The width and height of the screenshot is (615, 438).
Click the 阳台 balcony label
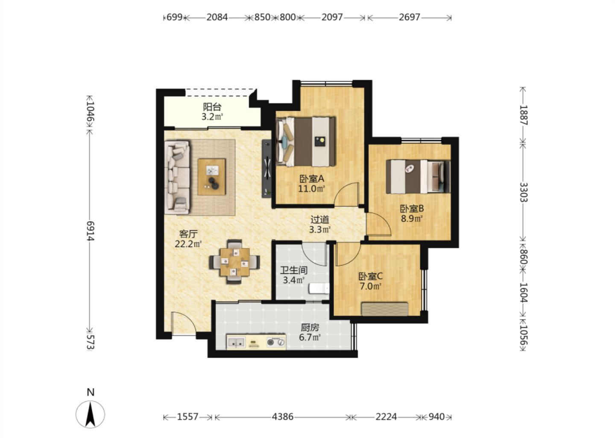212,107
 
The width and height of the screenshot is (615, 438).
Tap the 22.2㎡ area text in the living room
188,244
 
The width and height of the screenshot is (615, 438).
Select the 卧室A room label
312,179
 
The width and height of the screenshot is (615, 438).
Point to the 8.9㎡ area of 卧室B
411,219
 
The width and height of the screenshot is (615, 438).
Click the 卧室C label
371,276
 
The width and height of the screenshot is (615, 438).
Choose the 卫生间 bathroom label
293,270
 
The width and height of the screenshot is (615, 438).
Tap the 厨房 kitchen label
310,328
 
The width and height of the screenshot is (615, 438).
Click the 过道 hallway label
320,219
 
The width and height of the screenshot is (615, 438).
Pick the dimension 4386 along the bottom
283,417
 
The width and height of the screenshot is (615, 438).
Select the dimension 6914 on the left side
90,231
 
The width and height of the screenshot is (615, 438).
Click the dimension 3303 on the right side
523,192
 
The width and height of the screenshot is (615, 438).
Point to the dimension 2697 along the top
409,17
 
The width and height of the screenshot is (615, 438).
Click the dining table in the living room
234,262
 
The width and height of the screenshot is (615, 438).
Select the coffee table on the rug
212,177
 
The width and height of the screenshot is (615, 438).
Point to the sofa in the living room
177,178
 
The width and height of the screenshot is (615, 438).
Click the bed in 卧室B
418,177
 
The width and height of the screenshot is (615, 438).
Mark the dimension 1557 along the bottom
187,417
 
